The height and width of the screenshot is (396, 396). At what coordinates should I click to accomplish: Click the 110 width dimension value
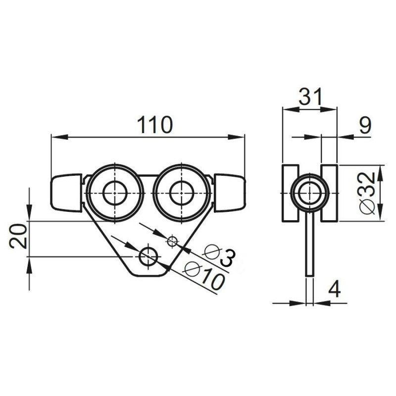[155, 125]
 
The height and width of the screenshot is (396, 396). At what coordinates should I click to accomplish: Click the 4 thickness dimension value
[335, 289]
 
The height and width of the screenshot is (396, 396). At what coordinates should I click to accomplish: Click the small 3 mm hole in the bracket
[172, 241]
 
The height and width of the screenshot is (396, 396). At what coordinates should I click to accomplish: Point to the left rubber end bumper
[65, 192]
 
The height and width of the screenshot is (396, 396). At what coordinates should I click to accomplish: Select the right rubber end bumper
[230, 192]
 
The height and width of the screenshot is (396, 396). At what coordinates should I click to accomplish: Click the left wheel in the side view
[290, 193]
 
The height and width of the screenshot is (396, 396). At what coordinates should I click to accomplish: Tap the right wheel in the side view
[329, 193]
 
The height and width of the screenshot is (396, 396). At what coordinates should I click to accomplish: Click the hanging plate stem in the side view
[310, 247]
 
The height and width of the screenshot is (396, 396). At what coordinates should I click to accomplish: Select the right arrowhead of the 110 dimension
[241, 137]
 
